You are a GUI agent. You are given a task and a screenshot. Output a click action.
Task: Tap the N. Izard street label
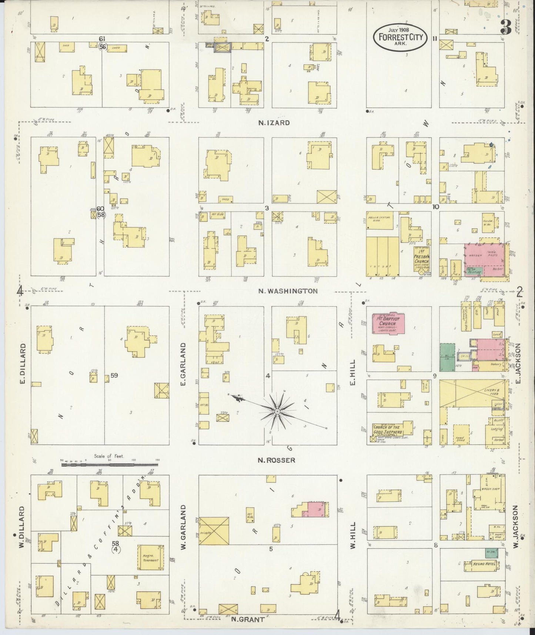coord(274,123)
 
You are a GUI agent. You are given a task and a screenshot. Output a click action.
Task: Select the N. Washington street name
coord(288,291)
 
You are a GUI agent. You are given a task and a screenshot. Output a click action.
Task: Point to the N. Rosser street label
coord(277,460)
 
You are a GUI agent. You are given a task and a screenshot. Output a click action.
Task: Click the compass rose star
coord(277,411)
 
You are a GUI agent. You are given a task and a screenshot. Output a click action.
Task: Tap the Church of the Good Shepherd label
coord(388,430)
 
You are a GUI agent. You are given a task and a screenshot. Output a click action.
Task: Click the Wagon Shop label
coord(491,488)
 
